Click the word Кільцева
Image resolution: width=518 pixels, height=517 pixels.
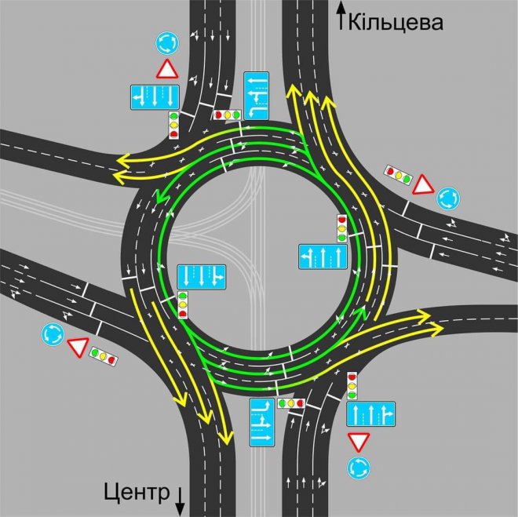[x=396, y=23]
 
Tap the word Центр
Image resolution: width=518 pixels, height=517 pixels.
[x=137, y=493]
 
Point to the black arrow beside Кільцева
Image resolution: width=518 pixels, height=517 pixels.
[x=341, y=16]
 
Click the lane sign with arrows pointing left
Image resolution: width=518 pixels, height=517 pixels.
[x=256, y=96]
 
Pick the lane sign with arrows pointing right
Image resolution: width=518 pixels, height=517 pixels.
[x=262, y=423]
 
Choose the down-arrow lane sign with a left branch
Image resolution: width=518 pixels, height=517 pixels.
[x=155, y=97]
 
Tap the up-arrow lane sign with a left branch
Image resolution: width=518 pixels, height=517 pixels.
[x=323, y=257]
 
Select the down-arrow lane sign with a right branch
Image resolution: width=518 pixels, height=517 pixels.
[x=202, y=277]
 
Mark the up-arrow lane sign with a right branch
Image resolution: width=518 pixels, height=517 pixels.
[x=370, y=414]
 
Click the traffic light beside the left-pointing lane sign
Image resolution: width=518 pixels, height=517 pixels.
[x=227, y=115]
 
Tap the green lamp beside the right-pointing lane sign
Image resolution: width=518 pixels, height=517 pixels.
[x=282, y=403]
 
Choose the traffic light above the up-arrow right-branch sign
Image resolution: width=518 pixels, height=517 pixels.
[x=352, y=386]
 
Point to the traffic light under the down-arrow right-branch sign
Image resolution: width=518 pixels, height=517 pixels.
[x=183, y=305]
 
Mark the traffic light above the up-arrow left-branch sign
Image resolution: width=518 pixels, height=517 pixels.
[x=342, y=228]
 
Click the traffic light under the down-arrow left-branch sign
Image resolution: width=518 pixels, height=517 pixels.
[x=173, y=125]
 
